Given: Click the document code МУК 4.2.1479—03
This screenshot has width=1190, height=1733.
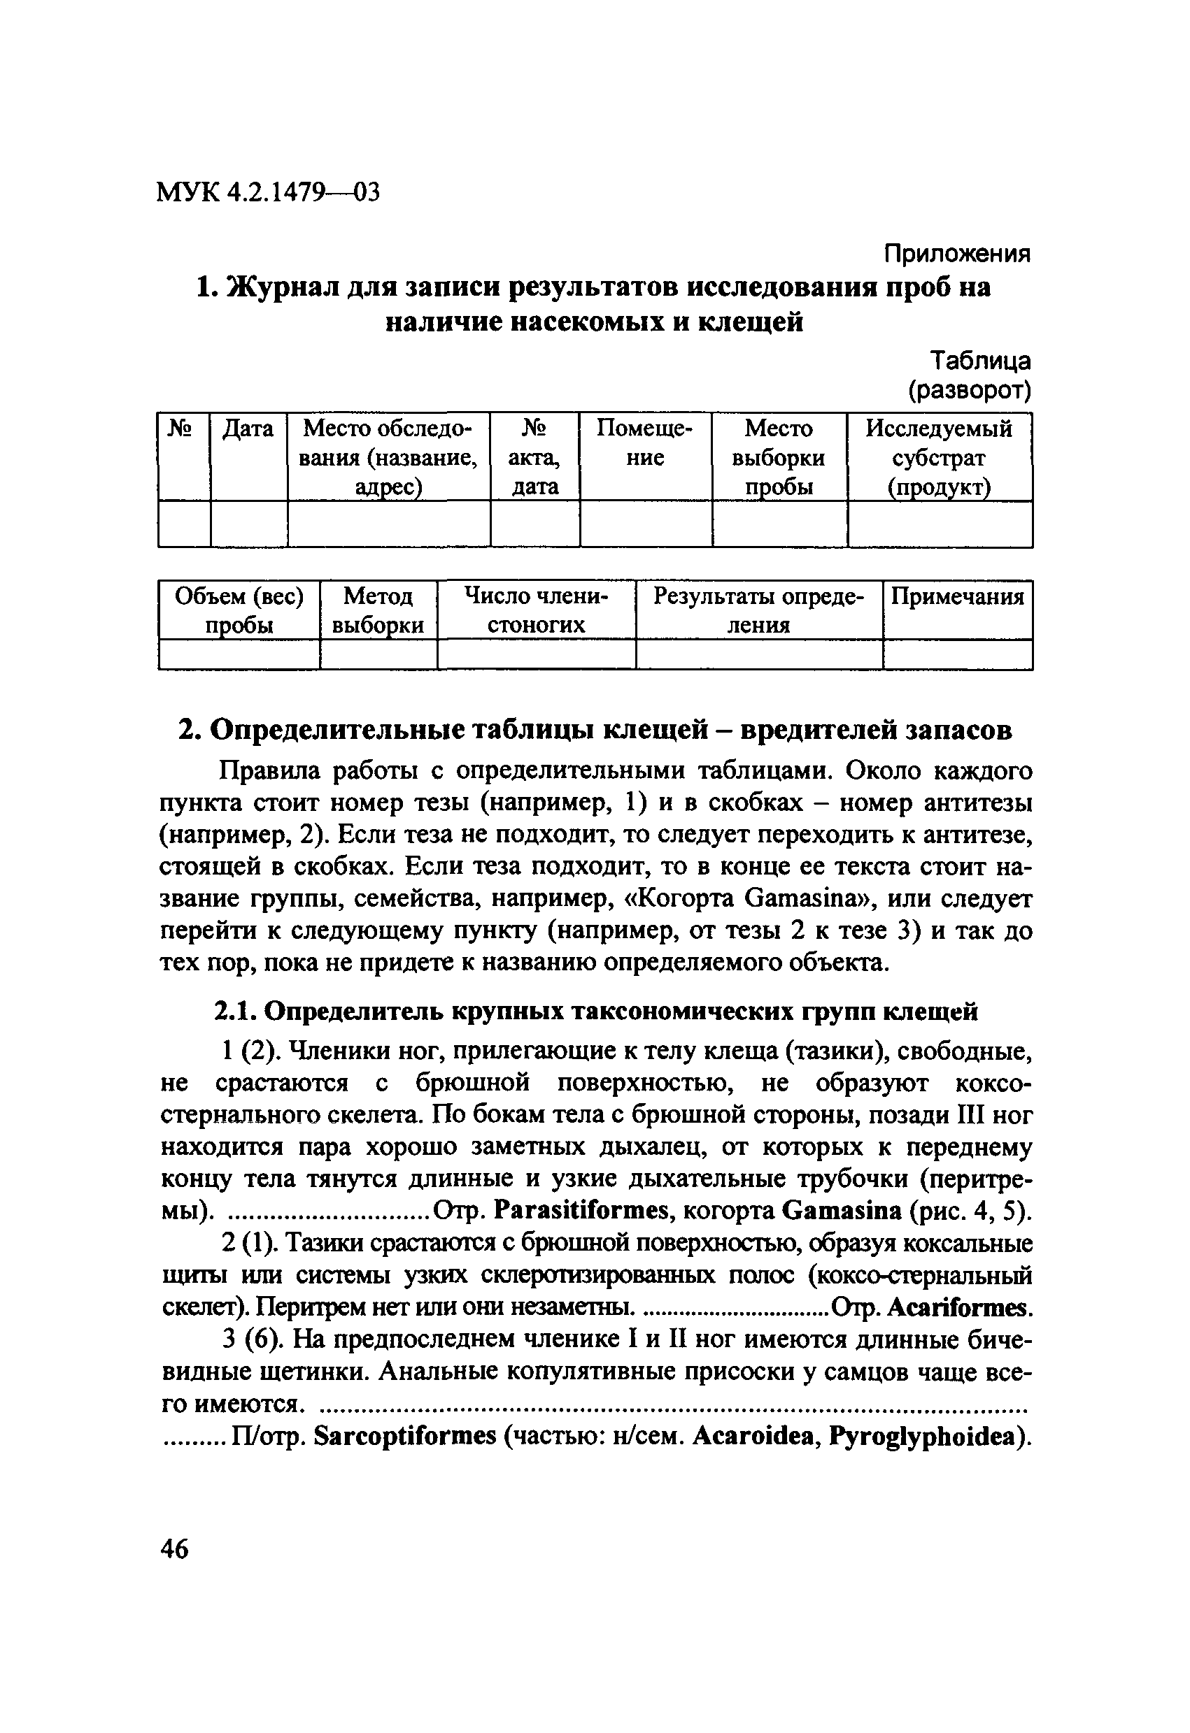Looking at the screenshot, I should (x=268, y=193).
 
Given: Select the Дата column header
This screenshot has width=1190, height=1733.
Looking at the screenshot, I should (x=248, y=429).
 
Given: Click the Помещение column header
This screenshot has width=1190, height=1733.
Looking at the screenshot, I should (x=644, y=443).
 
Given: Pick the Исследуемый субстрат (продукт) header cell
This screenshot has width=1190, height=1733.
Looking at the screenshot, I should (x=939, y=457).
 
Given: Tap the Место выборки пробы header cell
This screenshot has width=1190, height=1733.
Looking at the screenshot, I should (x=778, y=457).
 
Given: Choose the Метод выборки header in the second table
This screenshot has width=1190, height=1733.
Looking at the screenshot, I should (x=378, y=610).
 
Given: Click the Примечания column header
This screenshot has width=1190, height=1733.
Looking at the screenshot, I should (x=957, y=596).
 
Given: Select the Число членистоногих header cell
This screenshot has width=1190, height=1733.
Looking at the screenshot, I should (x=536, y=610).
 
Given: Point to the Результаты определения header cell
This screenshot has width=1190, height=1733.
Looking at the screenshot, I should (x=758, y=610).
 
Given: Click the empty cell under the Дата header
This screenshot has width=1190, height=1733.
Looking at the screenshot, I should (x=248, y=524).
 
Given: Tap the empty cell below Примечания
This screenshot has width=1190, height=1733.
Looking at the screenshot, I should (x=957, y=655).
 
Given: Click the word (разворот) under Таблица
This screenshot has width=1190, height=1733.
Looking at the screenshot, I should (x=968, y=390).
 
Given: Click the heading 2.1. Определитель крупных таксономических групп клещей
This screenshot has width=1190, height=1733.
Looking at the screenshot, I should (x=595, y=1012).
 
